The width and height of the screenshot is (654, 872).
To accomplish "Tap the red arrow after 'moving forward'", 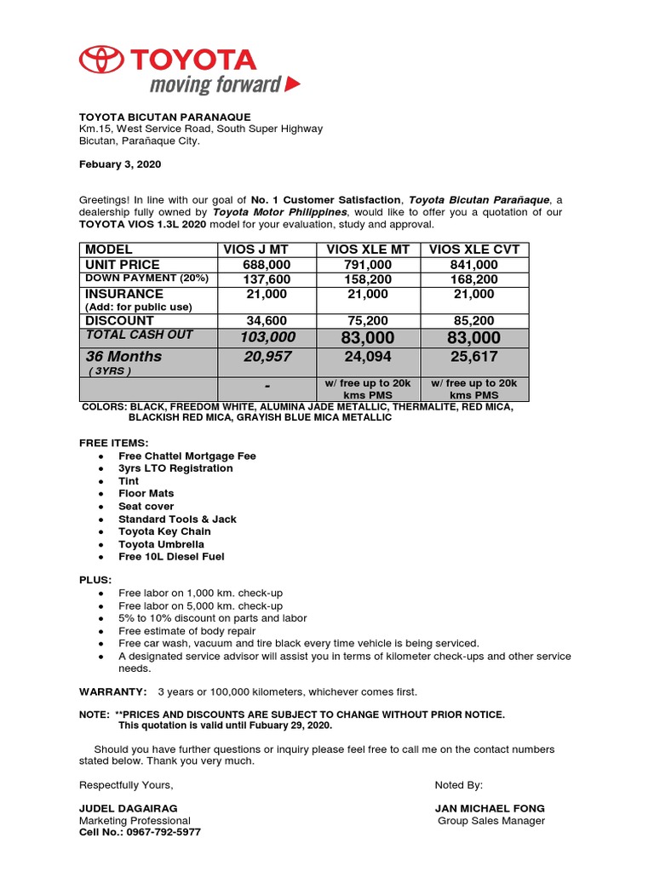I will [292, 83].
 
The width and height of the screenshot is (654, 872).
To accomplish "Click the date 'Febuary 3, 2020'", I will [120, 164].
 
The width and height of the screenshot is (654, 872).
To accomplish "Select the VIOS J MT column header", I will [255, 250].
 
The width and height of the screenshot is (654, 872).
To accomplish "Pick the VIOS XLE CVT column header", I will [473, 250].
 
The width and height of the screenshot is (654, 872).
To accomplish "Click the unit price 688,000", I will [266, 265].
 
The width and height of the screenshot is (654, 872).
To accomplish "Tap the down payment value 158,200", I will [368, 278].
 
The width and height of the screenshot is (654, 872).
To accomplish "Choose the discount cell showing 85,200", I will [473, 321].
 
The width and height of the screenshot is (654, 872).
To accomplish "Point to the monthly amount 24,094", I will [368, 357].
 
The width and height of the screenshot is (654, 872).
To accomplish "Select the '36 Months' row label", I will [123, 357].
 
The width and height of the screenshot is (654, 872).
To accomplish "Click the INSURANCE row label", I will [123, 294].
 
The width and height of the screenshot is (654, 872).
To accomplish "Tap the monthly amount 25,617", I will [473, 357].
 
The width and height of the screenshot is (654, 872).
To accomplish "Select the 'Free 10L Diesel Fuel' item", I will [171, 557].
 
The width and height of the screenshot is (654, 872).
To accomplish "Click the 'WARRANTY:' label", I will [113, 691].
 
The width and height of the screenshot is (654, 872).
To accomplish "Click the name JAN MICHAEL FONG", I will [490, 808].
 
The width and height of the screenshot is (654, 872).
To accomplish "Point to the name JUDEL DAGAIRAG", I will [129, 808].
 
